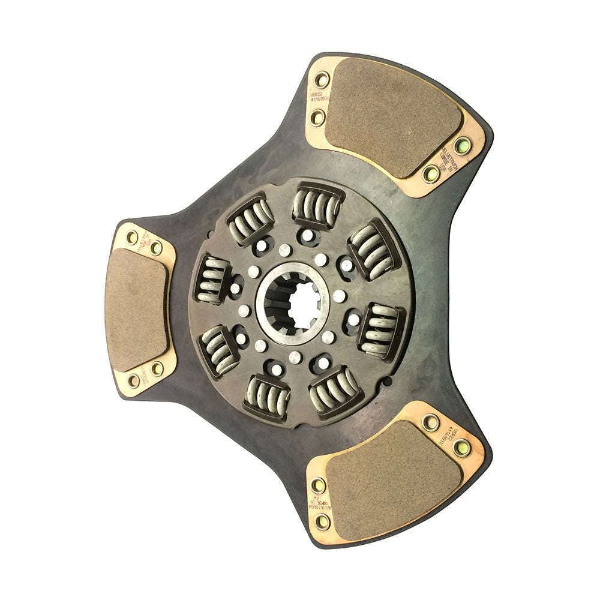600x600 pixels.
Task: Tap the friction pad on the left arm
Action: [x=136, y=309]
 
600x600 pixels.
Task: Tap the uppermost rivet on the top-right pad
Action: [x=322, y=79]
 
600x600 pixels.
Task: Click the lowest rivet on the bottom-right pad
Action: [x=322, y=521]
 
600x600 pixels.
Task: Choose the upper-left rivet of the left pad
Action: [x=132, y=237]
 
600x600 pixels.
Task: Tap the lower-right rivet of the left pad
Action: [x=157, y=368]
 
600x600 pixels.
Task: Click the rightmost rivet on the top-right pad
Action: [x=463, y=145]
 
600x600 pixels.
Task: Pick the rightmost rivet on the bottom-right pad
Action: [x=461, y=447]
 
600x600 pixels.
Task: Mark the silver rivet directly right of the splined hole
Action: [x=340, y=296]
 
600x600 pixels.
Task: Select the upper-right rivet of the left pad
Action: [x=156, y=247]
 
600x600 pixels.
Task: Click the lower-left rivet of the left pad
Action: [x=134, y=380]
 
